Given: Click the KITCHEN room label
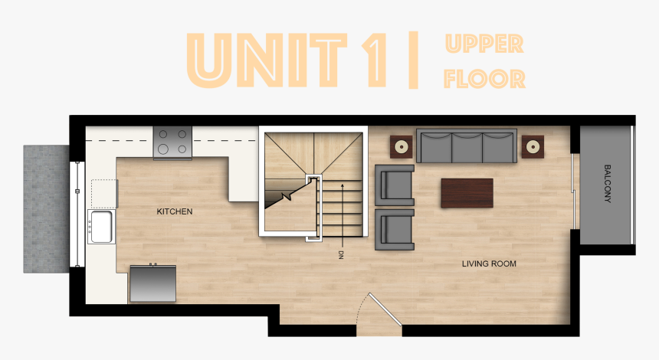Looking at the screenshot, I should [x=175, y=211].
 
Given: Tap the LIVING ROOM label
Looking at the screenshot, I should [x=489, y=264].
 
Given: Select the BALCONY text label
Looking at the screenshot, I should [x=608, y=184].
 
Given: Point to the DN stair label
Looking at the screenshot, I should [x=340, y=255].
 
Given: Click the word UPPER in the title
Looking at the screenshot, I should [x=483, y=44].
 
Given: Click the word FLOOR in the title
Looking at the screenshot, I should [x=484, y=79].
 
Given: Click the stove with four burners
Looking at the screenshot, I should [x=172, y=142].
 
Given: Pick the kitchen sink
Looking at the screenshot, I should [x=100, y=226].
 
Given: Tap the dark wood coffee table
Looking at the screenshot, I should [x=467, y=192].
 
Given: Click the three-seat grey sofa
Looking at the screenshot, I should [x=467, y=145].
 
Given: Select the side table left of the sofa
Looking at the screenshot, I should [x=401, y=146].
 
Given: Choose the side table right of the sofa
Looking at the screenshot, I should [x=533, y=146].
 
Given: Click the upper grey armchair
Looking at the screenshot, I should [x=395, y=185].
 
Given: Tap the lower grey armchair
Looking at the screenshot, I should [x=395, y=230].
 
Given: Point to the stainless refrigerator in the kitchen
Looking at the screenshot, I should [x=152, y=283].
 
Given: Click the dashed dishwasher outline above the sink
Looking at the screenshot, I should [x=103, y=194].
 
